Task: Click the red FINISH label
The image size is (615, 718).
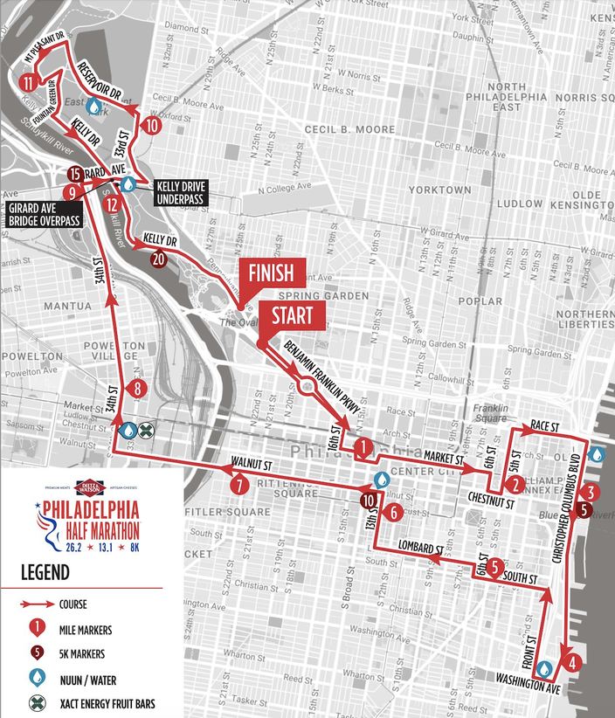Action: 273,272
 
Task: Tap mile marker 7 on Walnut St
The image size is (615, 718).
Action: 238,481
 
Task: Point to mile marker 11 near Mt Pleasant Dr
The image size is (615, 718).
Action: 31,84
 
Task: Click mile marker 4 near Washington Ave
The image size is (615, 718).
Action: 571,661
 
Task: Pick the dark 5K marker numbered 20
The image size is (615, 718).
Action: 158,259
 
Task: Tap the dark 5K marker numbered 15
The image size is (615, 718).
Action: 75,174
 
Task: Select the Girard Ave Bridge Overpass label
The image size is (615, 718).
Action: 43,214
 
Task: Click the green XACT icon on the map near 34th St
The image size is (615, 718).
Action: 147,430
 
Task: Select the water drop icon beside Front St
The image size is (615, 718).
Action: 545,668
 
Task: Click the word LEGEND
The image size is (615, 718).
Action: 46,573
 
